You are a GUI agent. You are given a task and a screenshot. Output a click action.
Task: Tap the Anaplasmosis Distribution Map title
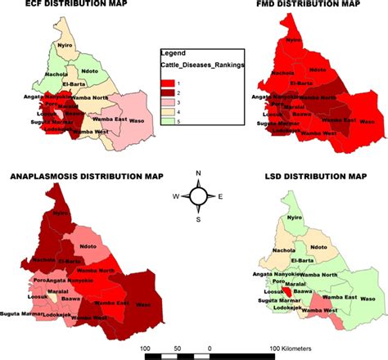[86, 176]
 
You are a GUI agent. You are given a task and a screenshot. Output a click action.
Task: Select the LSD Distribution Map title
[320, 176]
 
